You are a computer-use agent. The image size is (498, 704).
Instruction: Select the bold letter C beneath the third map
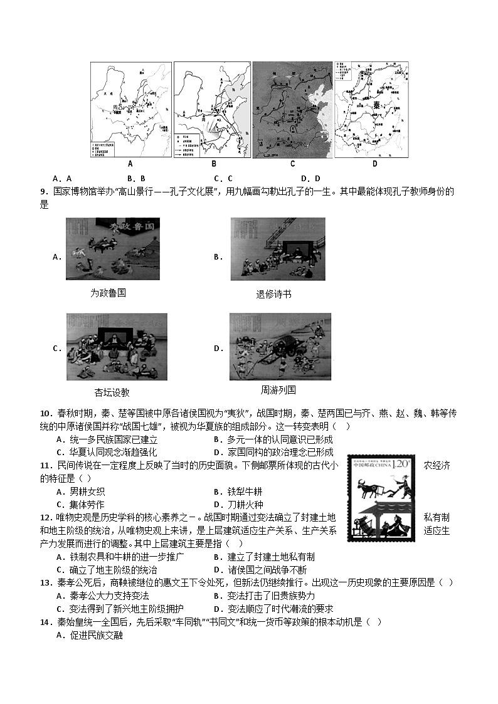(292, 164)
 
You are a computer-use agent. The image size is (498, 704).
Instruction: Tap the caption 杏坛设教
(112, 392)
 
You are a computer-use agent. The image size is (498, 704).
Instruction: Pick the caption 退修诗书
(273, 294)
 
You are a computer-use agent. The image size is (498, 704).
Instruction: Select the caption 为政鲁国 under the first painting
(108, 293)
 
